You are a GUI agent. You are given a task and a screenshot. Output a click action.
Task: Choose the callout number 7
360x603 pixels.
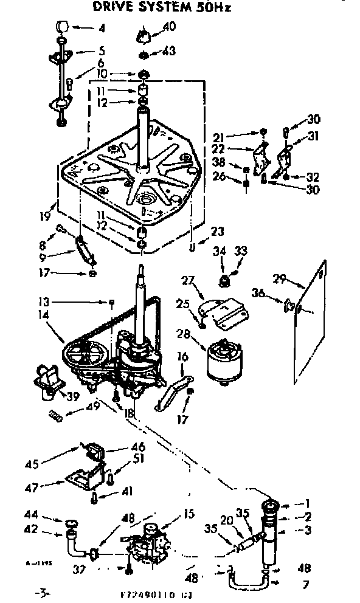(305, 585)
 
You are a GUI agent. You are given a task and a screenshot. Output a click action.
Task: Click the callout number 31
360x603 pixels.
(314, 136)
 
